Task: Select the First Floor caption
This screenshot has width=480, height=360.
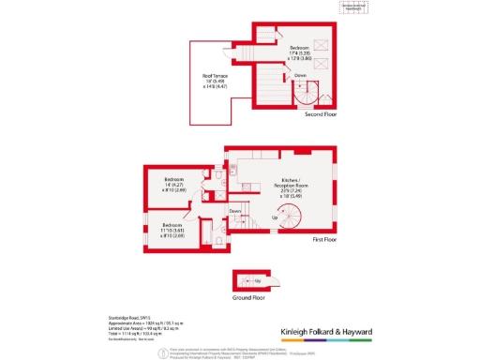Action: click(323, 239)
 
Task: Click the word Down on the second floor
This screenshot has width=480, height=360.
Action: click(300, 74)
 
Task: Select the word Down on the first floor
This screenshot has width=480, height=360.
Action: click(235, 210)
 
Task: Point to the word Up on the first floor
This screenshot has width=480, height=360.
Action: click(275, 217)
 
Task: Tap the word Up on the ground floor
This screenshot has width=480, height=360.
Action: click(257, 279)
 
